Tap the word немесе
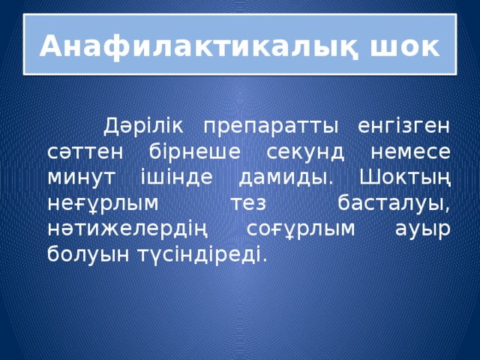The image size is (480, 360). [411, 150]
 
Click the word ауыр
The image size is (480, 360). [424, 229]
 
